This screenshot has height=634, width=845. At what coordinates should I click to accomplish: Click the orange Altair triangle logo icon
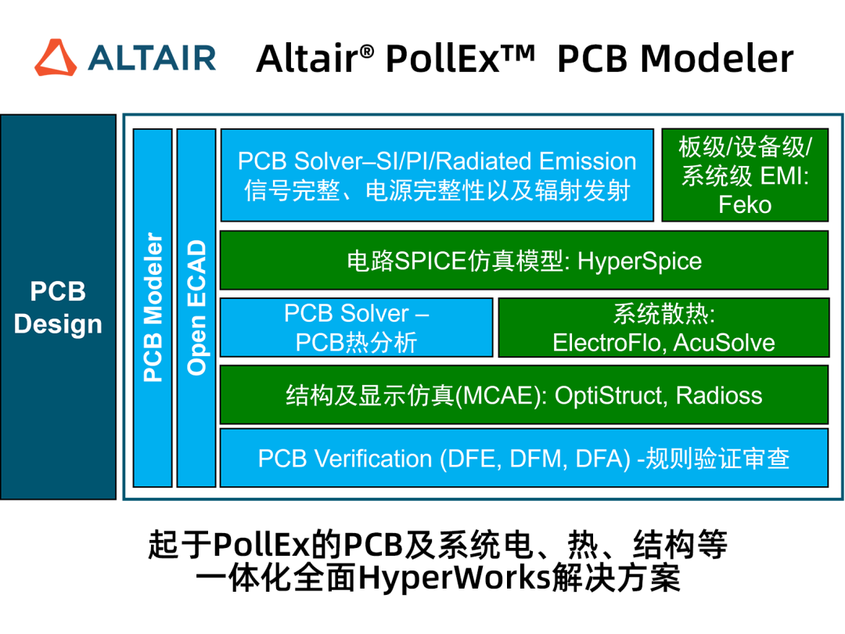click(x=56, y=57)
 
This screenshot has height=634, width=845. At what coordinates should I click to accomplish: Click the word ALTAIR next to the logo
click(x=152, y=58)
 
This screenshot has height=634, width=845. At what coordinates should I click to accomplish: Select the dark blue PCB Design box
click(x=58, y=307)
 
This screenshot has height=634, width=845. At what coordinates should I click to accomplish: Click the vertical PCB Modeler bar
click(x=153, y=308)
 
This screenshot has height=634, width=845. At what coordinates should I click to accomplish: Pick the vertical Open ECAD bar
click(x=196, y=308)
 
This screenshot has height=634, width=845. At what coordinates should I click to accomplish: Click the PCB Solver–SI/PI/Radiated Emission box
click(x=437, y=175)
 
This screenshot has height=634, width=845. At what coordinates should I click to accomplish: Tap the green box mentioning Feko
click(x=745, y=175)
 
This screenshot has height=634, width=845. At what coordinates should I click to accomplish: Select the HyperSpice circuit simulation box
click(x=523, y=261)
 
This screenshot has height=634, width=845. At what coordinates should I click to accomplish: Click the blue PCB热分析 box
click(x=356, y=327)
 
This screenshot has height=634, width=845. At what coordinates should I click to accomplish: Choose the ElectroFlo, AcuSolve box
click(x=664, y=327)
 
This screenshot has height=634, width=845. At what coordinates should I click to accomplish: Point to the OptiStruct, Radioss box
click(x=523, y=394)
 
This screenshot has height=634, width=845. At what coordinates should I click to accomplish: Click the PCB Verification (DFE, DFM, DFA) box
click(x=523, y=458)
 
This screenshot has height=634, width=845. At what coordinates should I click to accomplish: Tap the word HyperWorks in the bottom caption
click(x=454, y=578)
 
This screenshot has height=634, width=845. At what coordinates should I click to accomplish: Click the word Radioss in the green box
click(x=719, y=395)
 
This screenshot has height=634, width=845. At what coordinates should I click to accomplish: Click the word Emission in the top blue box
click(x=588, y=161)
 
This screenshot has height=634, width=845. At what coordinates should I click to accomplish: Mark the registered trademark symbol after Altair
click(x=366, y=51)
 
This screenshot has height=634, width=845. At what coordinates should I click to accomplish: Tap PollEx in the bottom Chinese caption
click(x=262, y=545)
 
